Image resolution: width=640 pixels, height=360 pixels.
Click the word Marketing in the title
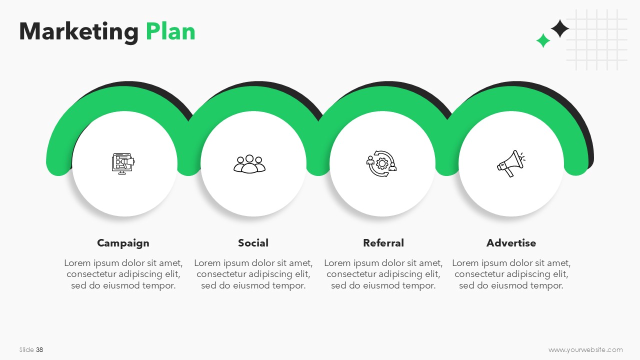pos(79,32)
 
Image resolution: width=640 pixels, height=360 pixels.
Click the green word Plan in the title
pos(170,31)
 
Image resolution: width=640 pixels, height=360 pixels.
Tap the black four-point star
pos(559,28)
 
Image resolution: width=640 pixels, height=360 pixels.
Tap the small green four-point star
pos(543,40)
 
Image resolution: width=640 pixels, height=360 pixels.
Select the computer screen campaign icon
pos(123,163)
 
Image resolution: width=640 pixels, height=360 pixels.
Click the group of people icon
pos(249,164)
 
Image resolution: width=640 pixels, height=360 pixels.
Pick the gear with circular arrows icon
pos(381,163)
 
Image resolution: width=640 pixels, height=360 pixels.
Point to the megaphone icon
pos(511,163)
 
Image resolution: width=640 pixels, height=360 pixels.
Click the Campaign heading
pos(123,243)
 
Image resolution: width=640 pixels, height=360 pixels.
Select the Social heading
pos(253,243)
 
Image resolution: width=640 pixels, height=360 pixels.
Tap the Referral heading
pos(383,243)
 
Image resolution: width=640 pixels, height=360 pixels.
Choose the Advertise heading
pos(511,243)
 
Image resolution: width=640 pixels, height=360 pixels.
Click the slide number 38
pos(39,349)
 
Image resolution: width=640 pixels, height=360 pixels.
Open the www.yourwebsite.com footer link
pos(585,349)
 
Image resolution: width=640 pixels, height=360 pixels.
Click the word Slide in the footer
pos(26,349)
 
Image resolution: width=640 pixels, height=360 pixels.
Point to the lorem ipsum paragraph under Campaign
pos(123,274)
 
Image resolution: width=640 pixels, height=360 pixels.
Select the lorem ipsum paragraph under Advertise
pos(511,274)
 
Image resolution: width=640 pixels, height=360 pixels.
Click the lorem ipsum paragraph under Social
pos(253,274)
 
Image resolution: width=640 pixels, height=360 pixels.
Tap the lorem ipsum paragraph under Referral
pos(383,274)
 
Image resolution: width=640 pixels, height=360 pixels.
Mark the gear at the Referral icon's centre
pos(381,163)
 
